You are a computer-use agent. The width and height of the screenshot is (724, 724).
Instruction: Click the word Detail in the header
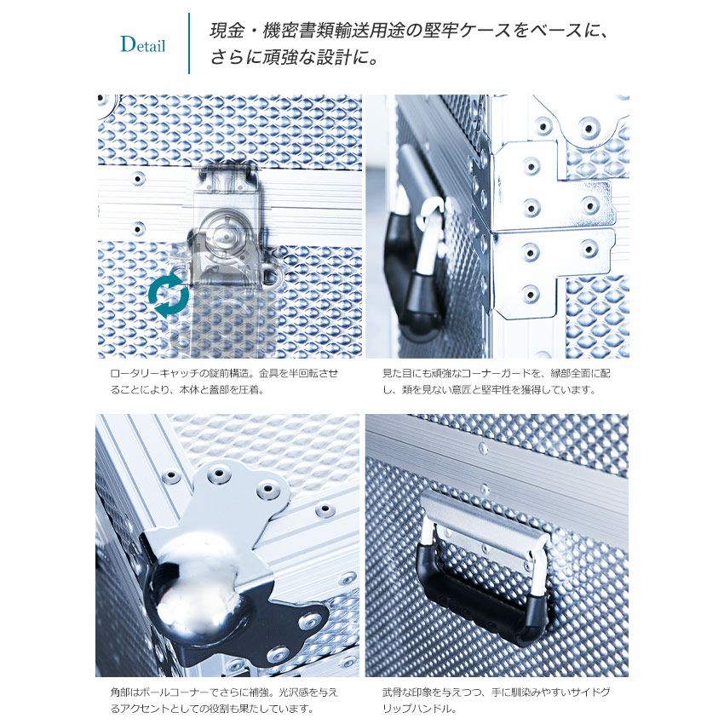[143, 44]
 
